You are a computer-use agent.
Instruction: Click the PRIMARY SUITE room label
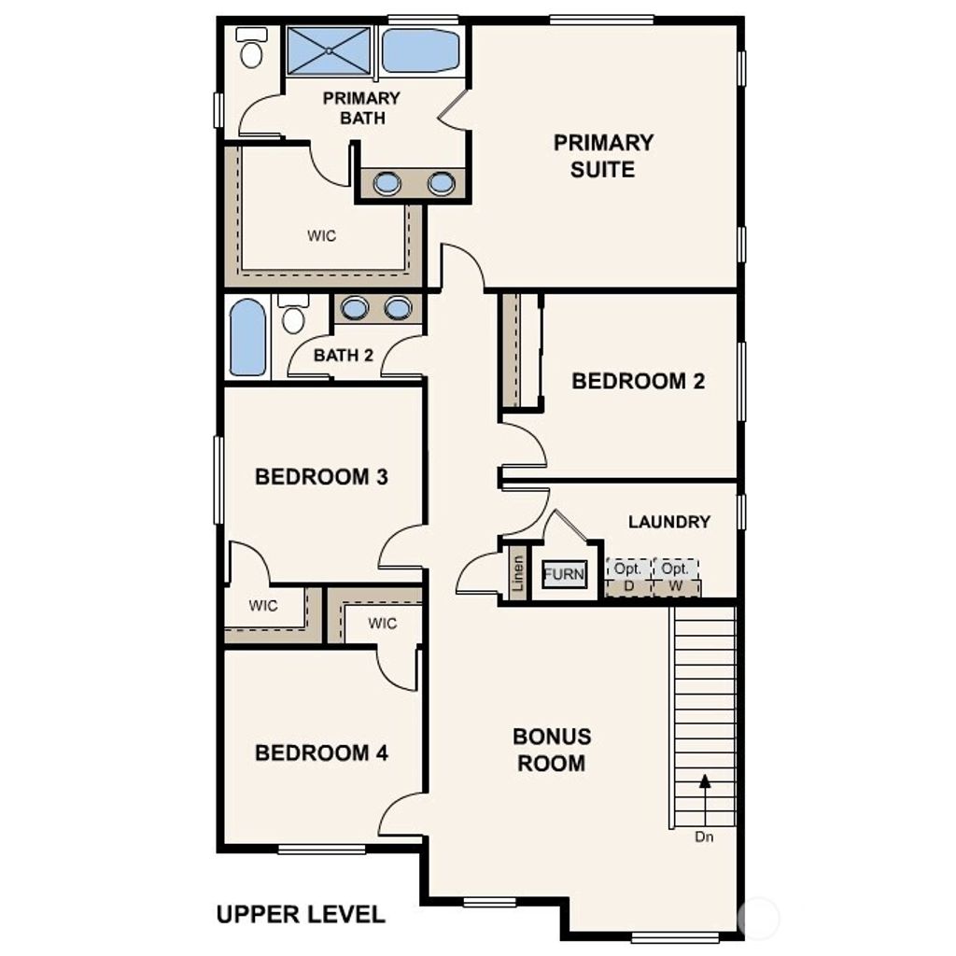tap(603, 156)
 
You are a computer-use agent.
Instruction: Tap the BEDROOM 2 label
tap(638, 381)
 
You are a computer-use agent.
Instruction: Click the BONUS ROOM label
tap(551, 750)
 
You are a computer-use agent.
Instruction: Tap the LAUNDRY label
tap(668, 522)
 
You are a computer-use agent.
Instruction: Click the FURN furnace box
tap(564, 574)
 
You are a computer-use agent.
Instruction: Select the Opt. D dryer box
tap(627, 576)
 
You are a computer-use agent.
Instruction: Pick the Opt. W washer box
tap(675, 576)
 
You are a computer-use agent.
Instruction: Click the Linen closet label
tap(518, 575)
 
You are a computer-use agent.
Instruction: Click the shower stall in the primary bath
tap(329, 51)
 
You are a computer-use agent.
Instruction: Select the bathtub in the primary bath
tap(420, 50)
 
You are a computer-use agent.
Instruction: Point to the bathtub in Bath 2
tap(247, 337)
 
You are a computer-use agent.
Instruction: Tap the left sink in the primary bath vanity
tap(387, 183)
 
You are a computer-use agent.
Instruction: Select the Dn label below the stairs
tap(704, 837)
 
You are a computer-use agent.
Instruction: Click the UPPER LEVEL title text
tap(300, 914)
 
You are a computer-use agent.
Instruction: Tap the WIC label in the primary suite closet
tap(321, 236)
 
